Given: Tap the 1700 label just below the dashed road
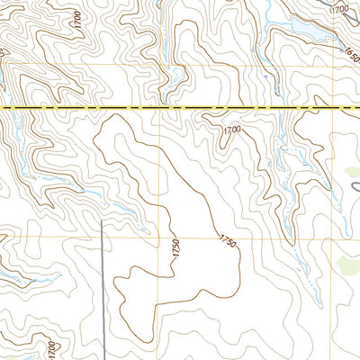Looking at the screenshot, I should (232, 131).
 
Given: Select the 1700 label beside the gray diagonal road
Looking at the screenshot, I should (339, 8).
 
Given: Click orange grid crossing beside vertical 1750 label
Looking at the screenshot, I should (160, 238).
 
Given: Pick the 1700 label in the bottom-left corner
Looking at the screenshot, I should (51, 346).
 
